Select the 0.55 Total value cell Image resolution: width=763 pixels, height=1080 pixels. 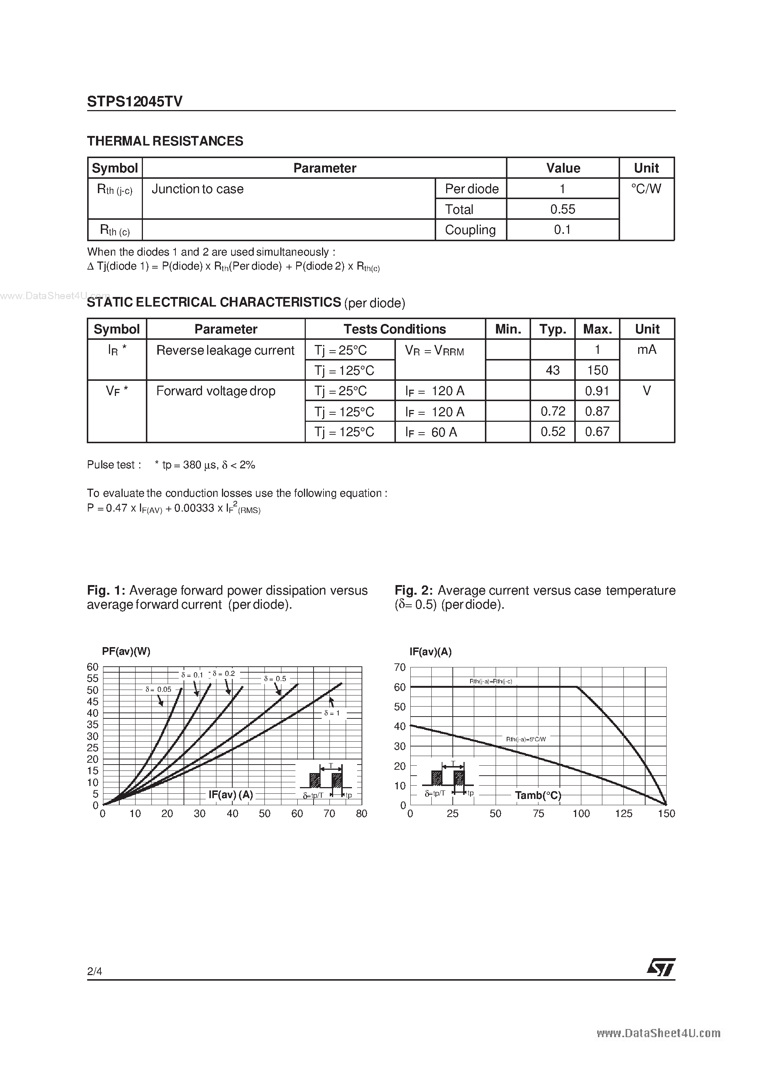click(562, 209)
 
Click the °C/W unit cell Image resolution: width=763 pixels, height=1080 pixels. click(646, 189)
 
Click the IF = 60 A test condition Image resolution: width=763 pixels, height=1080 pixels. click(431, 432)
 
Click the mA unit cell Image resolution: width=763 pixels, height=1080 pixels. click(646, 350)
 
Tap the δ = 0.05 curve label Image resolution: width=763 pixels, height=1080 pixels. click(158, 690)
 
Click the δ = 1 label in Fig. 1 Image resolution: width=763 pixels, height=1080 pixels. click(332, 713)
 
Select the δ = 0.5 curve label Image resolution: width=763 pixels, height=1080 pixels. click(275, 679)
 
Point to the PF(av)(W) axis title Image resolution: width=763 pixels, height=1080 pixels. click(126, 652)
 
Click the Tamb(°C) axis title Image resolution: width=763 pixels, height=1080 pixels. click(538, 796)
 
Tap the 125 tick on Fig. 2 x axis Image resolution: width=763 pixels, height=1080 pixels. click(623, 814)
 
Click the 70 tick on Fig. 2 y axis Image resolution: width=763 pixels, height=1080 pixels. click(400, 667)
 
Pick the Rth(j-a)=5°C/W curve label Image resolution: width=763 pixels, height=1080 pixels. click(526, 739)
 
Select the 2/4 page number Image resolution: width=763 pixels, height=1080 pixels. click(95, 971)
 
